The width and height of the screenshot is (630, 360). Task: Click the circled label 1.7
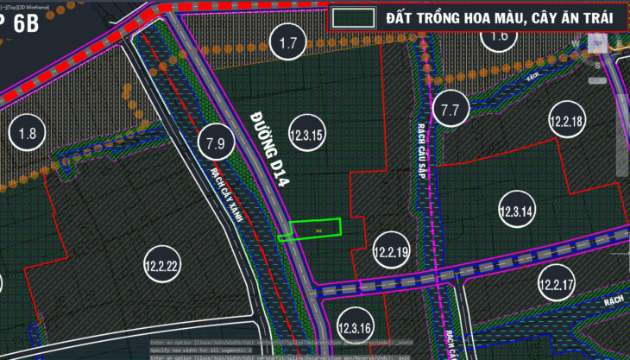[x=288, y=41]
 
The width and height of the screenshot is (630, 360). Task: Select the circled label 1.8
[x=27, y=133]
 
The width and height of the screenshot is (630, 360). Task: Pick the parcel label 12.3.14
[x=517, y=211]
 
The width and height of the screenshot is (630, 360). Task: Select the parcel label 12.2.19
[x=391, y=253]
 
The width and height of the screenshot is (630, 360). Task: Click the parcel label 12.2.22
[x=161, y=267]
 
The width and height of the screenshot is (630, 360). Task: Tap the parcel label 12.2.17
[x=557, y=284]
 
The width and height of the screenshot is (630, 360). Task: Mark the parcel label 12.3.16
[x=355, y=328]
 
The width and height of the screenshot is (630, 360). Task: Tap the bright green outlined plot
[x=315, y=230]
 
